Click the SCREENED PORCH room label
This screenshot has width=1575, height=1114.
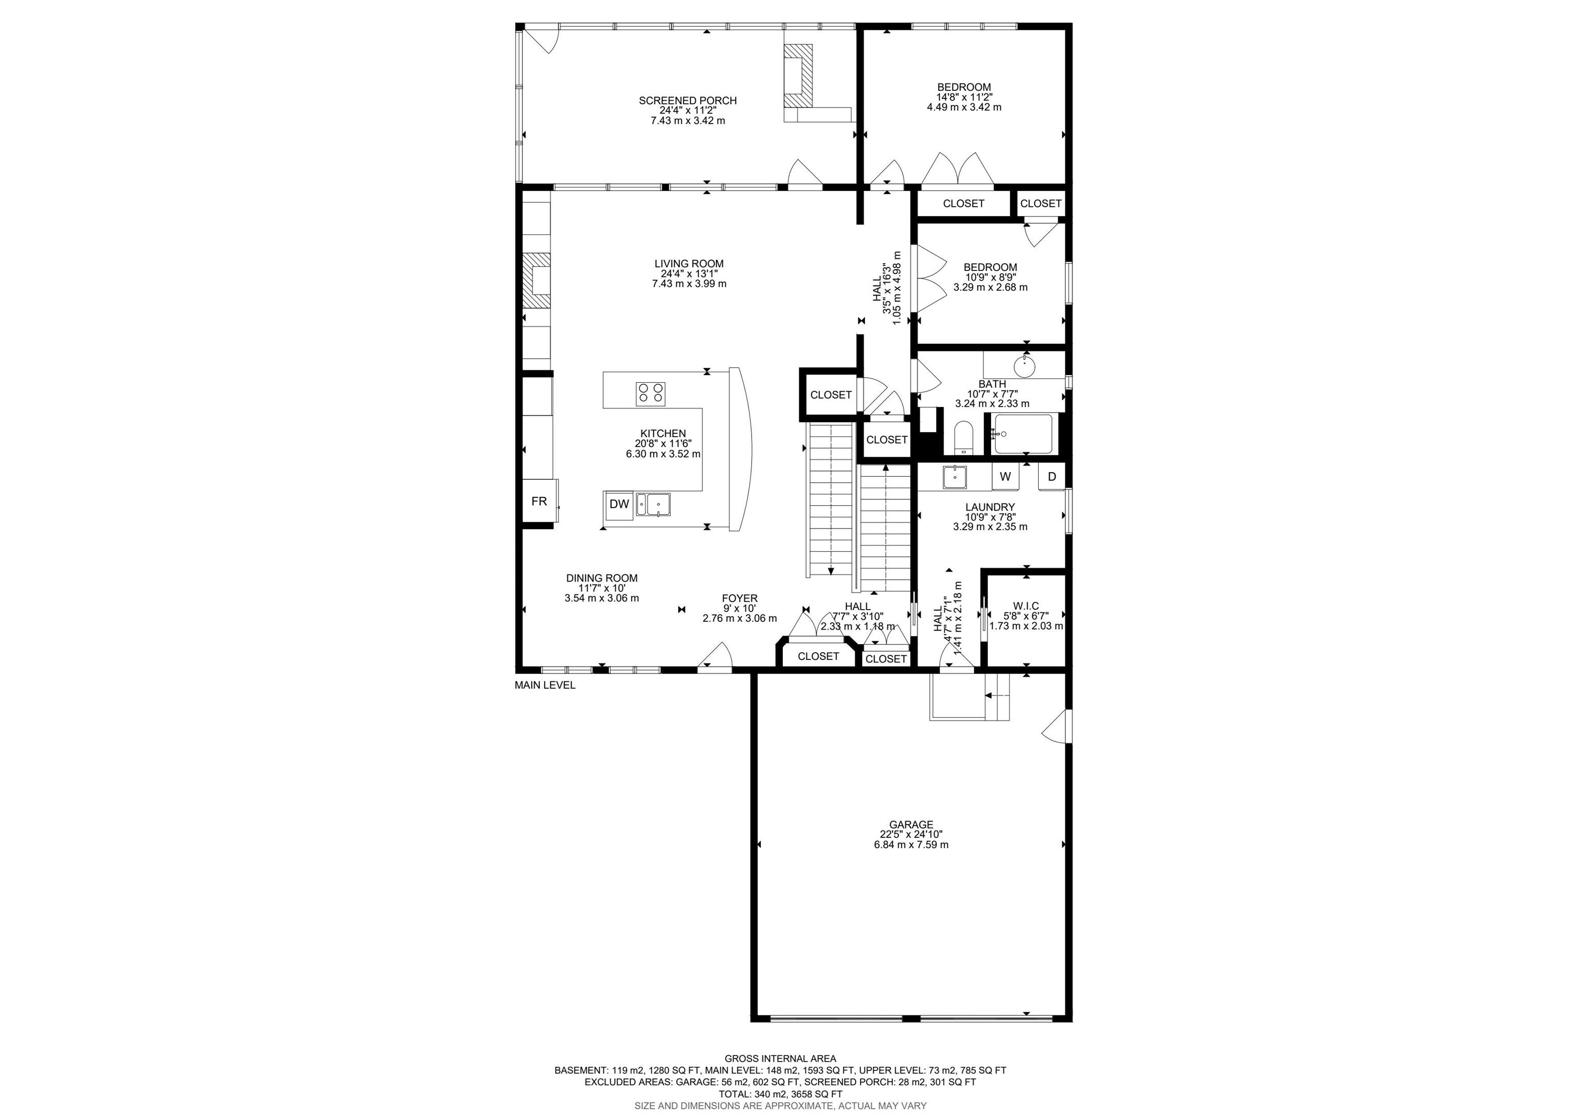click(x=688, y=100)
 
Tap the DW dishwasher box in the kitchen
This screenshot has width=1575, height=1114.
click(x=619, y=504)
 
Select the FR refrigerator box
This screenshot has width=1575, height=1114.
click(x=539, y=501)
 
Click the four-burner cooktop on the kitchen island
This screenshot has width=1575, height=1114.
click(x=170, y=393)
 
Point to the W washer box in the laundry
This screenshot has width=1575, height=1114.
click(x=1005, y=476)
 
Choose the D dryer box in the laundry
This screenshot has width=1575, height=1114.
click(x=1052, y=476)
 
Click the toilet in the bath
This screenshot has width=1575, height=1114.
click(x=964, y=438)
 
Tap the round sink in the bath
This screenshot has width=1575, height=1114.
click(x=1024, y=365)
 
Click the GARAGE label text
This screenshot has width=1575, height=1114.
click(x=911, y=825)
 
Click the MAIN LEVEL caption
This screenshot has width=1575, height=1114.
click(x=544, y=685)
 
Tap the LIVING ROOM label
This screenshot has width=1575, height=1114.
click(x=689, y=264)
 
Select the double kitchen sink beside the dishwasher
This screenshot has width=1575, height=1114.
click(x=173, y=504)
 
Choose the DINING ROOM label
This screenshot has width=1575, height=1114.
click(x=601, y=578)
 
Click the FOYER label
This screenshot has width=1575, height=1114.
click(x=739, y=598)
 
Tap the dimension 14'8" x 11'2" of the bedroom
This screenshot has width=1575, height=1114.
click(x=964, y=97)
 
